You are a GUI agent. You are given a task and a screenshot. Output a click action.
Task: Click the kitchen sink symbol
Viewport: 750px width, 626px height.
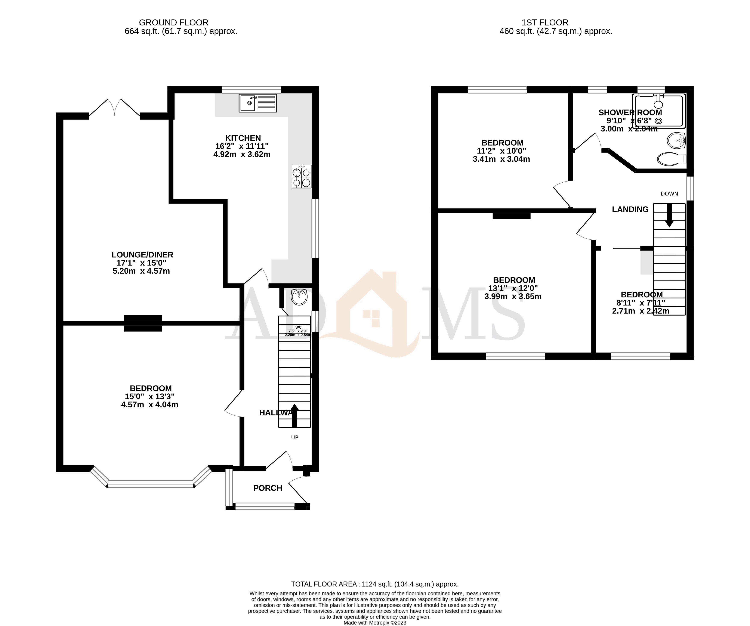pyautogui.click(x=257, y=103)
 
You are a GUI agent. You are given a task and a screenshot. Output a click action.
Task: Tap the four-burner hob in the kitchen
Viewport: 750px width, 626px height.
pyautogui.click(x=301, y=176)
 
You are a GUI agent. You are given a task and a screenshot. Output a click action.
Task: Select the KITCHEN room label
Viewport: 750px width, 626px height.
pyautogui.click(x=243, y=138)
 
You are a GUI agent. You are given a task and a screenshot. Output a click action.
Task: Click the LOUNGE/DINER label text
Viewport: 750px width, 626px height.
pyautogui.click(x=142, y=255)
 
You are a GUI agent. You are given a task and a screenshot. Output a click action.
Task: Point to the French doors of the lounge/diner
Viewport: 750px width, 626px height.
pyautogui.click(x=114, y=107)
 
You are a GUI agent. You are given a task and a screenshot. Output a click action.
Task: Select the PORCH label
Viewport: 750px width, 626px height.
pyautogui.click(x=268, y=488)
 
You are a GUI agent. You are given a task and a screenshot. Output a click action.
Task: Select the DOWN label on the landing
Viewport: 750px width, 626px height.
pyautogui.click(x=669, y=193)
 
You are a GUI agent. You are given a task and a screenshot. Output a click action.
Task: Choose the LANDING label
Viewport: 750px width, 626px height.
pyautogui.click(x=630, y=210)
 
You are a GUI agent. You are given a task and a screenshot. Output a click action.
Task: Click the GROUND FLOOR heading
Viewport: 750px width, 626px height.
pyautogui.click(x=174, y=22)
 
